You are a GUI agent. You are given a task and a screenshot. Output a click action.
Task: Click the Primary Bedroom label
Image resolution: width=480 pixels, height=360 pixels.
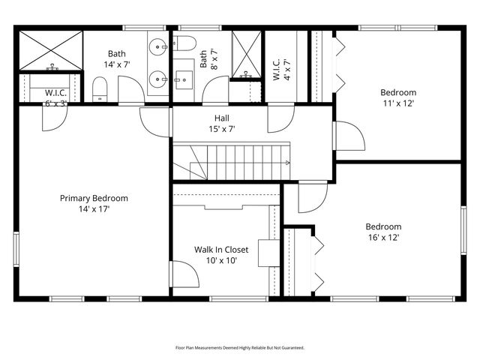(x=94, y=198)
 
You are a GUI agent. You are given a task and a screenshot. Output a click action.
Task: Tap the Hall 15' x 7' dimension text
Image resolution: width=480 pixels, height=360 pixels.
(x=222, y=129)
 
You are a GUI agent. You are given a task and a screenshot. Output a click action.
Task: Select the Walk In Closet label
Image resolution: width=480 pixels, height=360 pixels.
(x=221, y=250)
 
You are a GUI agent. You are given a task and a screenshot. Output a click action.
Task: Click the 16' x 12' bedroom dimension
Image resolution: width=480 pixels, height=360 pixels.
(x=383, y=238)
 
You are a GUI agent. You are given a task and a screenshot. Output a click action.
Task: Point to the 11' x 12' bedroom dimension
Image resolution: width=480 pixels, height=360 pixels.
(x=398, y=103)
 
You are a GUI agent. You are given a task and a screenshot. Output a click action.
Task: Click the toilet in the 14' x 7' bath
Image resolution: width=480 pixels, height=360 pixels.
(x=100, y=89)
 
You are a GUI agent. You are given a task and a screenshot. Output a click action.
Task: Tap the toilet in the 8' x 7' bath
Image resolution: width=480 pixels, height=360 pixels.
(x=184, y=43)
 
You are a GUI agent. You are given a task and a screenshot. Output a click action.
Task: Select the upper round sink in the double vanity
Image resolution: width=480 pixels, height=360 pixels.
(x=158, y=47)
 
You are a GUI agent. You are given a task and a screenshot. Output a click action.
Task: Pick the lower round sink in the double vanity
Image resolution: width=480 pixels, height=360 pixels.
(x=158, y=79)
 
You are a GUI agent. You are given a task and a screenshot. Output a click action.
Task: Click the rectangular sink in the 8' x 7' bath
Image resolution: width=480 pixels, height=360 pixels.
(x=184, y=80)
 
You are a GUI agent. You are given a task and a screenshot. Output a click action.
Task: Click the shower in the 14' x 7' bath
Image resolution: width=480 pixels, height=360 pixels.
(x=51, y=50)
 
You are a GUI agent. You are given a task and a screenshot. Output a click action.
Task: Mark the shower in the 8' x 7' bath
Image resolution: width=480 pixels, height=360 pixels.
(x=247, y=54)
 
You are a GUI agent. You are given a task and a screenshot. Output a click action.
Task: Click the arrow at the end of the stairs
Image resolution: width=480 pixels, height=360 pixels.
(x=287, y=163)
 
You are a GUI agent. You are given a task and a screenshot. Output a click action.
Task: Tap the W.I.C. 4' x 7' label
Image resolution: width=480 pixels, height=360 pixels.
(x=282, y=70)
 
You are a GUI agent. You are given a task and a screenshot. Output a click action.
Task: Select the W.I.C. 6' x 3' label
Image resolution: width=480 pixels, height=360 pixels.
(x=55, y=98)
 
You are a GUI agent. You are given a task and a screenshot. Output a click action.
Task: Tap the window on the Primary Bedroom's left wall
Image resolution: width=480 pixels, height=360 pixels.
(x=16, y=249)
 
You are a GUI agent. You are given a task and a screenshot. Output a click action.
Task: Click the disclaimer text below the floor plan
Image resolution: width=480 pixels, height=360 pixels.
(x=240, y=348)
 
